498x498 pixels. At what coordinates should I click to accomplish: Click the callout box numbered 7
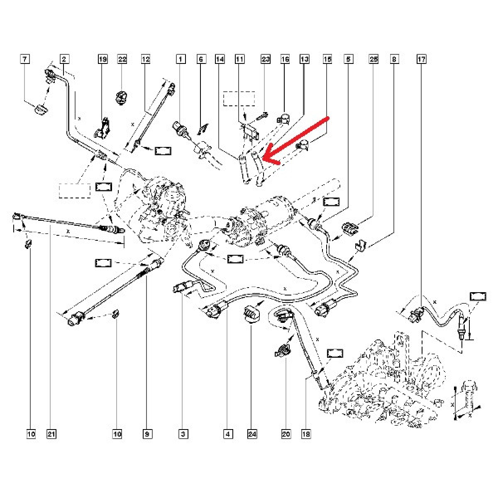(25, 59)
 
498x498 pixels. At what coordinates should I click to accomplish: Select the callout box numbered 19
(103, 59)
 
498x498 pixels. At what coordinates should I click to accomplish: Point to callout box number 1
(180, 59)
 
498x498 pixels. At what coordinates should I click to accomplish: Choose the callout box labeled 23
(266, 59)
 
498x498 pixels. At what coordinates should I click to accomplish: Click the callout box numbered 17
(421, 59)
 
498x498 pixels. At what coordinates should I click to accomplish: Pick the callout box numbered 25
(373, 59)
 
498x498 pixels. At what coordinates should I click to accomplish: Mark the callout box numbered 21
(51, 434)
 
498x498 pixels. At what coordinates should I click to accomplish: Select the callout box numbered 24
(252, 434)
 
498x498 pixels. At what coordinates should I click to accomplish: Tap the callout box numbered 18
(306, 434)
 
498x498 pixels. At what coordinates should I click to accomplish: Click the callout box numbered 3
(183, 434)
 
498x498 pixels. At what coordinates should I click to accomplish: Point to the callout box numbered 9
(146, 434)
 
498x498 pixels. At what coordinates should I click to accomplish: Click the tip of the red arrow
(264, 160)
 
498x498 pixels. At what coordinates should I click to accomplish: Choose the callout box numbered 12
(145, 59)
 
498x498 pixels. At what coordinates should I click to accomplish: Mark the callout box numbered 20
(286, 434)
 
